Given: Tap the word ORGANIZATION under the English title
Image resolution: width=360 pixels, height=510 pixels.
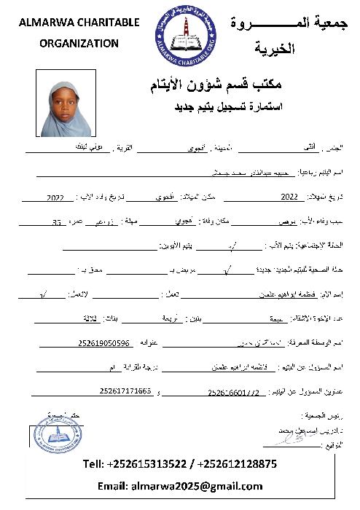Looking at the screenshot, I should tap(79, 43).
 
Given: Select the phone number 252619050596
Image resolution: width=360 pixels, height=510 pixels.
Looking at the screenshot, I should tap(104, 342).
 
